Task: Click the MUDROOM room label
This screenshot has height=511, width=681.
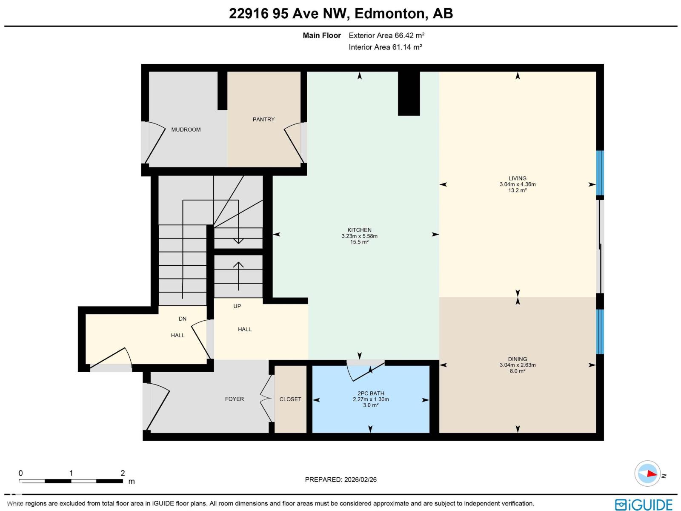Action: coord(186,130)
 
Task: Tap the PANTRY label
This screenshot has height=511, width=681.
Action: coord(263,120)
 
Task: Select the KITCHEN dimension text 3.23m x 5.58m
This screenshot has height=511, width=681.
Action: coord(359,236)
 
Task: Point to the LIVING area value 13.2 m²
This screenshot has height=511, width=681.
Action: coord(517,190)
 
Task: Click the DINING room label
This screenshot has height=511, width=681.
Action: coord(517,359)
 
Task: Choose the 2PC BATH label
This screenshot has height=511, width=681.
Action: coord(370,393)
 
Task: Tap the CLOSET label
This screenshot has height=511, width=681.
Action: coord(290,399)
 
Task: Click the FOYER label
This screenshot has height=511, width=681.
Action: coord(234,399)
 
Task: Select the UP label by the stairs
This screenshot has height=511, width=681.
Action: coord(237,306)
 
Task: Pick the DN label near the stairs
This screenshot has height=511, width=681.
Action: coord(183,319)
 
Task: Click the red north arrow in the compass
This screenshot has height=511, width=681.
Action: coord(652,474)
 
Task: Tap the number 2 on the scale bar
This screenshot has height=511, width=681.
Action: coord(123,473)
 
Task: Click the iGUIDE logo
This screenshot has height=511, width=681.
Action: coord(644,505)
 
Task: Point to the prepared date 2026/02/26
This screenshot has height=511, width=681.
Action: coord(360,479)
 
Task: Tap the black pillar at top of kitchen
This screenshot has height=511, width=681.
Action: coord(409,94)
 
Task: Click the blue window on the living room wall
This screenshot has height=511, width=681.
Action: coord(600,173)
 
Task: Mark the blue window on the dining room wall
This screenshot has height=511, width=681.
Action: coord(600,332)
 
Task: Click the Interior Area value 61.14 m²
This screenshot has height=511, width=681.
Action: coord(407,47)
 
